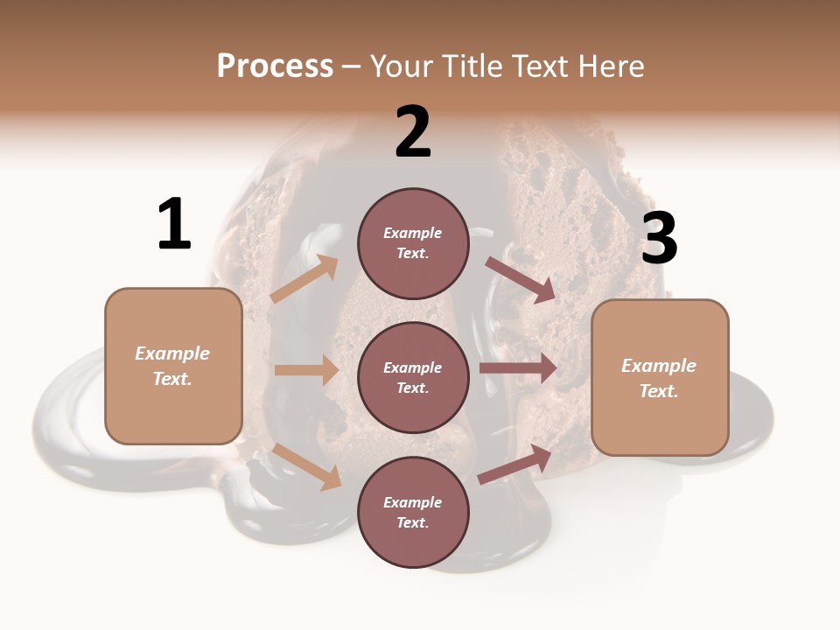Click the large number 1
tap(174, 225)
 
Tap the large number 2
tap(413, 132)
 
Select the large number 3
tap(659, 238)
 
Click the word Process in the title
tap(275, 66)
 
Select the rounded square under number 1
tap(173, 366)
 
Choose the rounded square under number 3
tap(660, 377)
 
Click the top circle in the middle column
tap(413, 243)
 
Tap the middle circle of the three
tap(413, 377)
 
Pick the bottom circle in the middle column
tap(413, 512)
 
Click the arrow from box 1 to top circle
tap(304, 279)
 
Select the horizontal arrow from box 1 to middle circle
tap(306, 370)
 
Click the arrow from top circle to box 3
tap(520, 279)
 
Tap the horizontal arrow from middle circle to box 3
tap(518, 367)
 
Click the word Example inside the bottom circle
tap(413, 502)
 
